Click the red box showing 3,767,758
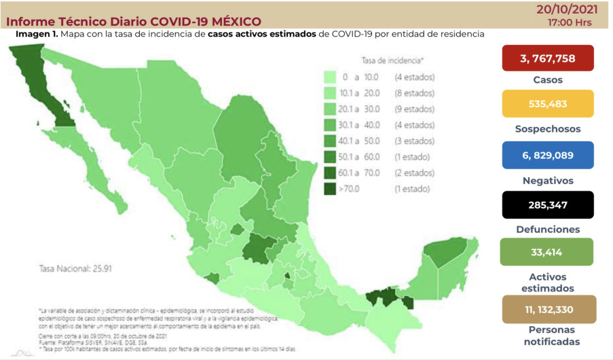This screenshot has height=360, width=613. tap(547, 58)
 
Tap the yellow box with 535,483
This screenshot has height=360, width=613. tap(547, 104)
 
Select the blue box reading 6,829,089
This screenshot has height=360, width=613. tap(547, 155)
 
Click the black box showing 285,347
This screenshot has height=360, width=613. tap(547, 204)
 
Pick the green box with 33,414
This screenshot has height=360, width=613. tap(547, 252)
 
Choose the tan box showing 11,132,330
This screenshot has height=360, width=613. tap(547, 309)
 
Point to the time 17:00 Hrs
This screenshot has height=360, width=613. tap(569, 22)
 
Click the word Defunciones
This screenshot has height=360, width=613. tap(547, 230)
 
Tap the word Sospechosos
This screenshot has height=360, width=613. tap(547, 129)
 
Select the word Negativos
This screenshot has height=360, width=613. tap(547, 181)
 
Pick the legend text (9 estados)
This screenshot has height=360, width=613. tap(415, 109)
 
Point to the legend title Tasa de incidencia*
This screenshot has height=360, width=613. tap(393, 60)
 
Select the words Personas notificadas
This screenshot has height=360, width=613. tap(547, 335)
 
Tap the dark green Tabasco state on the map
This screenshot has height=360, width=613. tap(383, 298)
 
